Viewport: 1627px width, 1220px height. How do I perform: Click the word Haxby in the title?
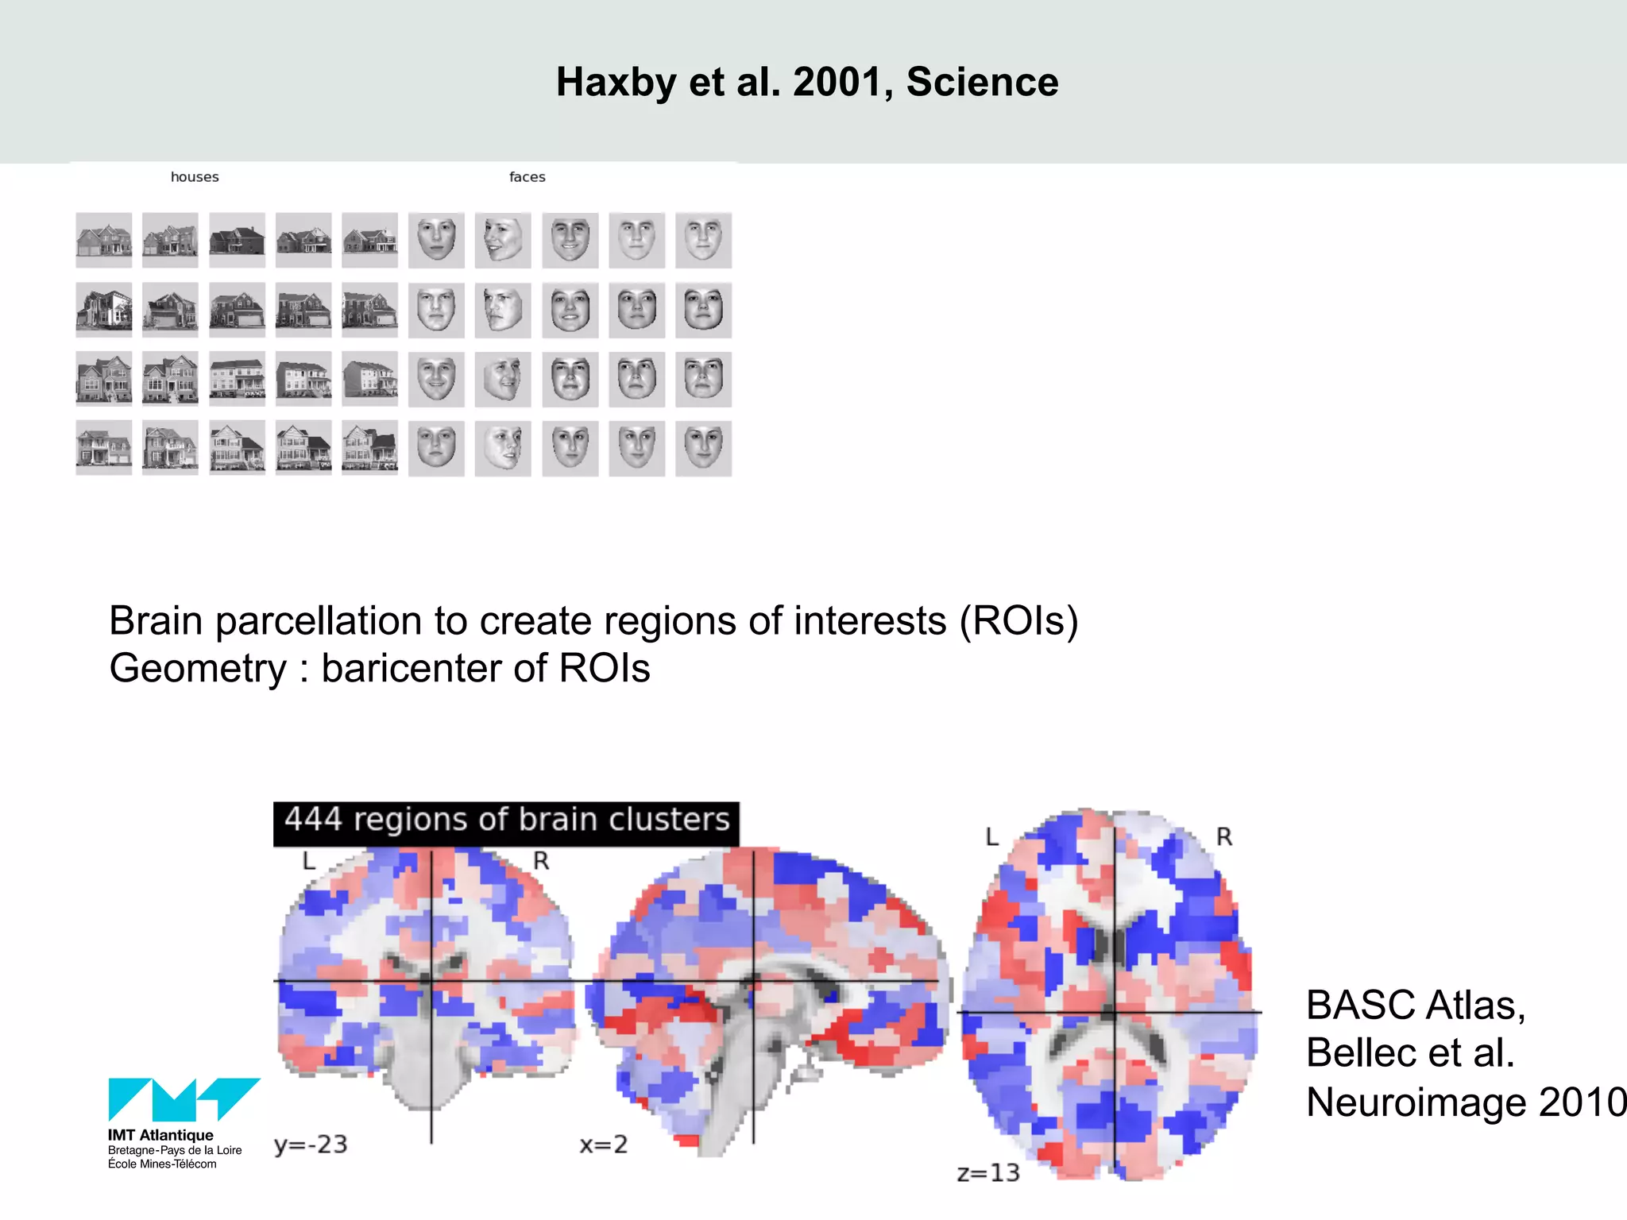coord(616,83)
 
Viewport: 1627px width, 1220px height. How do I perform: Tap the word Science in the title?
coord(982,83)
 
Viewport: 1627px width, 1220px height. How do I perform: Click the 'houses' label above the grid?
coord(195,177)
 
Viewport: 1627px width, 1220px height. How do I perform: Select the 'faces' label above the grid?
coord(527,177)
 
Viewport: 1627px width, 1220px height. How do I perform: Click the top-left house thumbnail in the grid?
coord(104,240)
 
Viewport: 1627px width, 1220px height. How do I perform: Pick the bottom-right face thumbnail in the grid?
coord(703,449)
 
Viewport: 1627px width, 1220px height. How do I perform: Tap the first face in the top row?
coord(436,240)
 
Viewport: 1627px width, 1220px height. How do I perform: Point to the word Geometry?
coord(197,668)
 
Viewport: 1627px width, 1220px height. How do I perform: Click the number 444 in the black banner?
coord(313,820)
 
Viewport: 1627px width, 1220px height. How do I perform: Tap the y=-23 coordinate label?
coord(311,1145)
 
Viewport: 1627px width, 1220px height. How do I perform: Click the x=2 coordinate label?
coord(603,1145)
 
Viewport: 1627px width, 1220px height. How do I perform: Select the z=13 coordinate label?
coord(987,1173)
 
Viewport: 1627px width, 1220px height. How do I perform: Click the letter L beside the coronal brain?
coord(309,861)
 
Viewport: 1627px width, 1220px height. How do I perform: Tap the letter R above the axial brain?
coord(1223,836)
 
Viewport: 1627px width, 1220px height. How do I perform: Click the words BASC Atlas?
coord(1415,1006)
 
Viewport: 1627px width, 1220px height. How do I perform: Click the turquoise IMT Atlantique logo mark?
coord(184,1099)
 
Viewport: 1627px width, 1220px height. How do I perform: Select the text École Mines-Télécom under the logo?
coord(162,1164)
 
